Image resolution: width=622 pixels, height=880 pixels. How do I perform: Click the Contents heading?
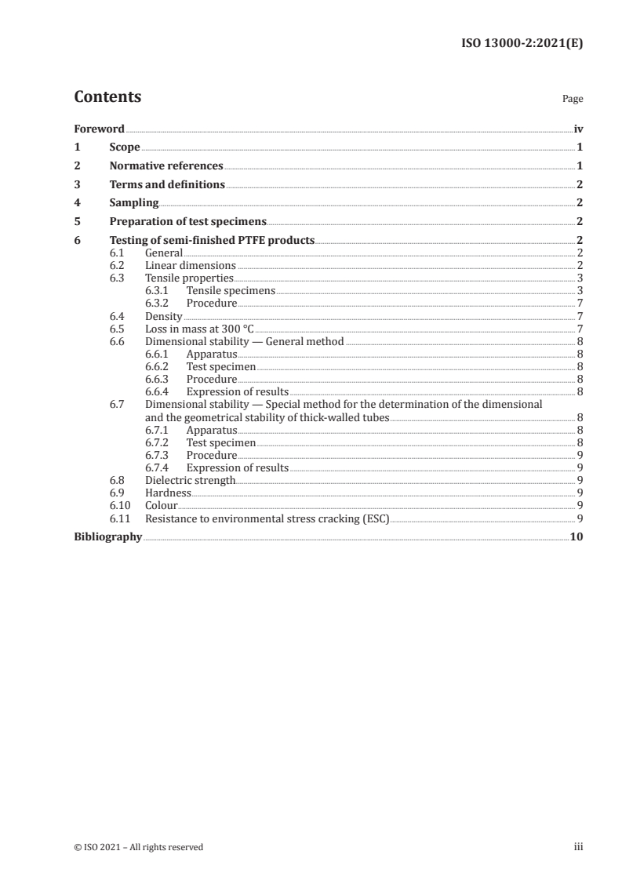tap(107, 97)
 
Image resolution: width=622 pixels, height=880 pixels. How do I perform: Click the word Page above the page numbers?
tap(573, 100)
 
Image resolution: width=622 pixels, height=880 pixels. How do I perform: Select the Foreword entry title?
tap(99, 129)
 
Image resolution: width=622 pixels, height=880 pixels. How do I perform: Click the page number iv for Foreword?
tap(578, 129)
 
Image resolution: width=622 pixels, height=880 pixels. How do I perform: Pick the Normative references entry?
tap(166, 166)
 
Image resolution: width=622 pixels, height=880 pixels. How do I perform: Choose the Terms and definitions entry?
tap(167, 185)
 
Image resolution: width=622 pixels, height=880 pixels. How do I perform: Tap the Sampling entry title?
tap(134, 203)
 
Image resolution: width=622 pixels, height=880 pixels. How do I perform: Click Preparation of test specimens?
tap(188, 222)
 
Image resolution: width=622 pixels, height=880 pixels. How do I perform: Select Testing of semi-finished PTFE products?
tap(212, 241)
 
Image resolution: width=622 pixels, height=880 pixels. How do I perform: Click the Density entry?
tap(164, 316)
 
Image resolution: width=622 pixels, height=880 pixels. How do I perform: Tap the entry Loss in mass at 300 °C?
tap(199, 329)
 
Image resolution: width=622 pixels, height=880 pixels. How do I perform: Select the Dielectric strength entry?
tap(191, 480)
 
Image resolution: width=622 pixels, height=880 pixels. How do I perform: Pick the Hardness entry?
tap(169, 493)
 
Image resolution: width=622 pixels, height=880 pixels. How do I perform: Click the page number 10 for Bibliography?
tap(577, 537)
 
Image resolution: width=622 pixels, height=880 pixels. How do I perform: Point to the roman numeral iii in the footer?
tap(579, 847)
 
